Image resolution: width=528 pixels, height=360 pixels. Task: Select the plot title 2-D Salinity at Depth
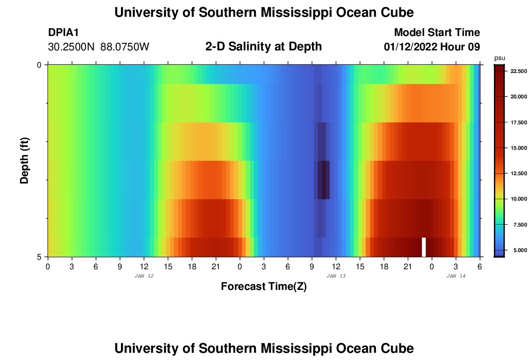pyautogui.click(x=263, y=47)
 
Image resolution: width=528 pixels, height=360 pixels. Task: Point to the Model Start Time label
pyautogui.click(x=436, y=33)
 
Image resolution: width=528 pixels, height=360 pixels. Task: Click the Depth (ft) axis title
pyautogui.click(x=24, y=160)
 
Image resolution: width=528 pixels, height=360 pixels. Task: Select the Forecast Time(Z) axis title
pyautogui.click(x=264, y=287)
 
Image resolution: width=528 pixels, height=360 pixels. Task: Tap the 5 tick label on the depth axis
pyautogui.click(x=39, y=257)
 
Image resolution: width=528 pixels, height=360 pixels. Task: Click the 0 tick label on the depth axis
pyautogui.click(x=39, y=65)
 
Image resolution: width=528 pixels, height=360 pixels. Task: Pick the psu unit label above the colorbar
pyautogui.click(x=499, y=58)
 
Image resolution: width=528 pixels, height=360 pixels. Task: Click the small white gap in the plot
pyautogui.click(x=424, y=247)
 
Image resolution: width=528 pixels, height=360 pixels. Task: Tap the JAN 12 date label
pyautogui.click(x=144, y=276)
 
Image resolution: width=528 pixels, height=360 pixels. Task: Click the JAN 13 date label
pyautogui.click(x=336, y=276)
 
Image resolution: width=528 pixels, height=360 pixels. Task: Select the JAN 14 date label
pyautogui.click(x=456, y=276)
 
